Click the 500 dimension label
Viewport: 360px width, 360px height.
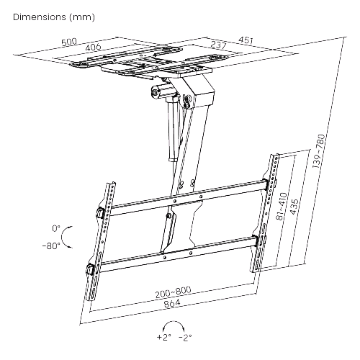point(70,42)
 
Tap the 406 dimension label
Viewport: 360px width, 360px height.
point(93,47)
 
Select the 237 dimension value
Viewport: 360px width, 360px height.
point(218,45)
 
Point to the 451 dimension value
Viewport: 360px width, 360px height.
point(246,40)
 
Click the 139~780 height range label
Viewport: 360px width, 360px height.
point(319,151)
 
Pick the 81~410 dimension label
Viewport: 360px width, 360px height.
point(282,206)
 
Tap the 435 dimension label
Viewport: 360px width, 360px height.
point(294,207)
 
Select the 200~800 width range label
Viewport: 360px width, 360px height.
point(173,292)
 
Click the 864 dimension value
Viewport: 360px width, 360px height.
point(172,304)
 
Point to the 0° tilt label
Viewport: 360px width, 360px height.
point(56,228)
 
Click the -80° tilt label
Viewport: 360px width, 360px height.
point(51,246)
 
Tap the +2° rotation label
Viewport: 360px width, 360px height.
point(164,337)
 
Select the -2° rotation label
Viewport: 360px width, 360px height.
point(185,337)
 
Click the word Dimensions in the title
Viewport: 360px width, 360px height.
point(40,17)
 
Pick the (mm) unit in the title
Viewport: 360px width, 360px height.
point(82,17)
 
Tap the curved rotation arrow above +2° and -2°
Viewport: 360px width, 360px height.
point(174,322)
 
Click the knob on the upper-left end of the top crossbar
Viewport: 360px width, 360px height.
point(99,212)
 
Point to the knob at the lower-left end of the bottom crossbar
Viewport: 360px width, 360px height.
point(89,269)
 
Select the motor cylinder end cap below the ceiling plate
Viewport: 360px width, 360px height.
point(155,92)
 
